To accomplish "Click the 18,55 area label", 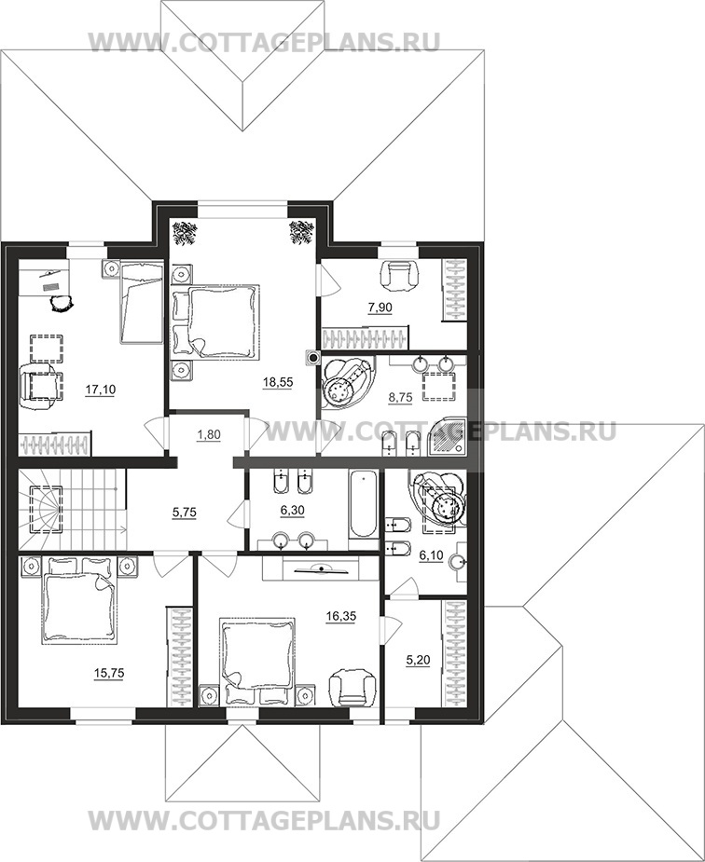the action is [278, 382].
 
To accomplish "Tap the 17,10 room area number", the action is [100, 390].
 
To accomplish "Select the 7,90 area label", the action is [380, 308].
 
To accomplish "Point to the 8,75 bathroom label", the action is [400, 398].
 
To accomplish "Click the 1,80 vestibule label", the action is [208, 435].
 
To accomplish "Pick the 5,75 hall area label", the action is [185, 513].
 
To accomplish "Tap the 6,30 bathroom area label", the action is [292, 511].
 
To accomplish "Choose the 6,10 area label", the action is [431, 555].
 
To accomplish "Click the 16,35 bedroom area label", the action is [341, 616].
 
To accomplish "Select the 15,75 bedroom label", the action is [109, 673].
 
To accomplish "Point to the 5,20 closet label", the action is [418, 660].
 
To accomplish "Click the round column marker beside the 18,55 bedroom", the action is [313, 359].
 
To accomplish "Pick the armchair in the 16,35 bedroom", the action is [352, 686].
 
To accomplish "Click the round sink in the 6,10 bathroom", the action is [458, 562].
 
